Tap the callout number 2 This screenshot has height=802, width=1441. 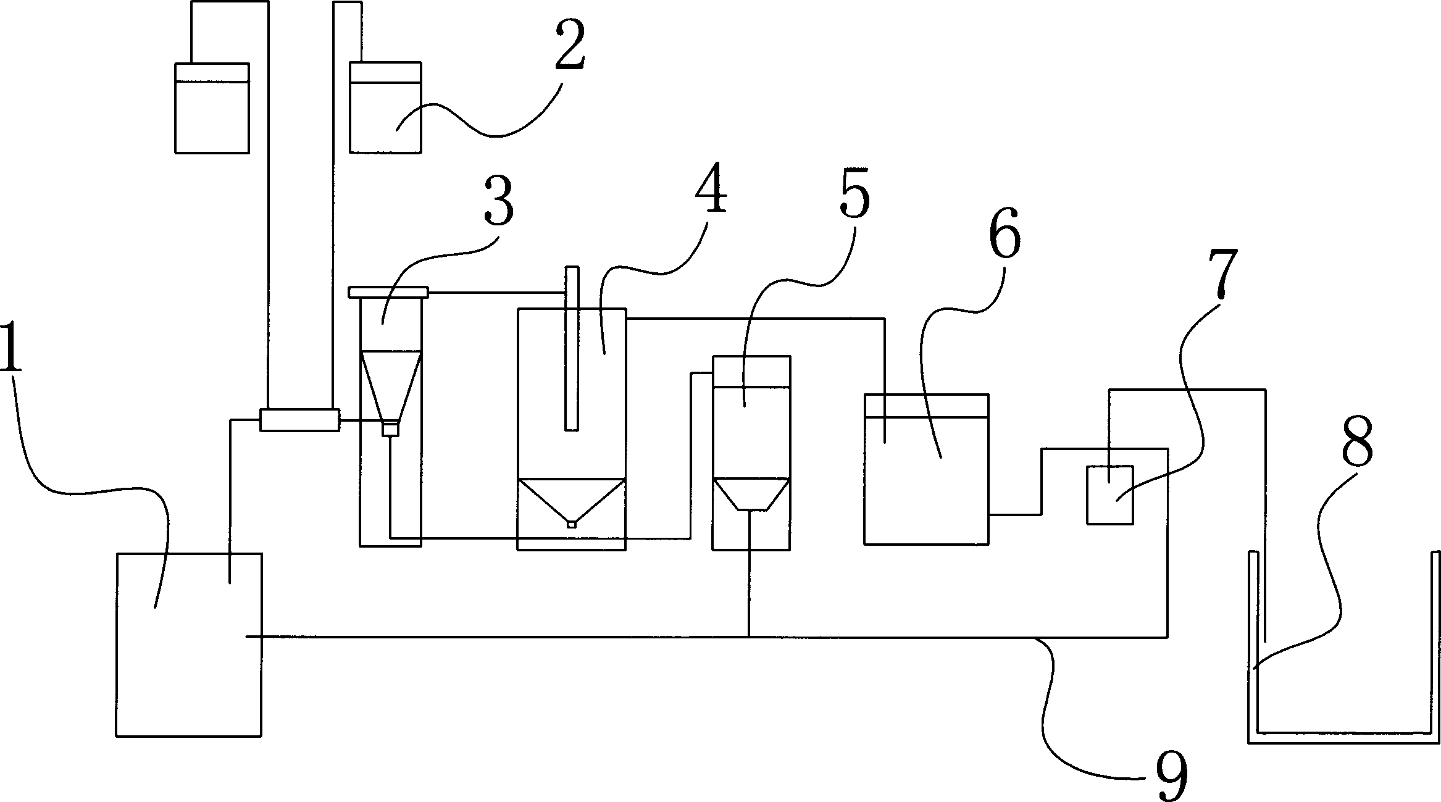[x=569, y=56]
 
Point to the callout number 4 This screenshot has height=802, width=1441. [x=710, y=189]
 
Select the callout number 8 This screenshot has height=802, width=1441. [x=1357, y=442]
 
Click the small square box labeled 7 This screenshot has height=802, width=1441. [x=1109, y=495]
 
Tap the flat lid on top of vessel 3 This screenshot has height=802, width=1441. [x=388, y=291]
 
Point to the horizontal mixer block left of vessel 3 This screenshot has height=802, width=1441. [x=299, y=420]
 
